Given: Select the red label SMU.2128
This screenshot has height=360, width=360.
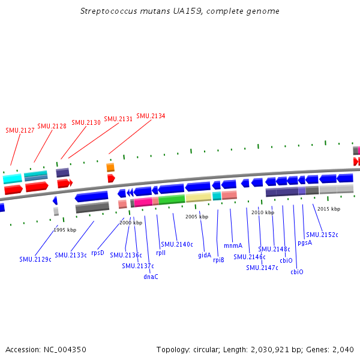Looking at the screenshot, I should tap(52, 126).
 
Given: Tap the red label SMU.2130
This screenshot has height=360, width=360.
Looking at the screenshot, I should tap(86, 122).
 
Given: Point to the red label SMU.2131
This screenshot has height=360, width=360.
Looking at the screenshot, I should tap(118, 119).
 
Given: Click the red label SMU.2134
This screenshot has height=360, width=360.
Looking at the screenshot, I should tap(151, 116).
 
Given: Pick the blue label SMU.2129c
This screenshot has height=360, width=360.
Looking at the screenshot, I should tap(35, 259).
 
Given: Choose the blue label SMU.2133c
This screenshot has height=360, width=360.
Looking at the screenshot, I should tap(71, 255).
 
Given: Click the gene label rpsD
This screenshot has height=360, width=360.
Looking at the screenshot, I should tap(98, 253).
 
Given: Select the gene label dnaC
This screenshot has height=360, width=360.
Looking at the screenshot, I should tap(151, 277).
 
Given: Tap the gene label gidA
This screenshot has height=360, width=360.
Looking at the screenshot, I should tap(205, 255).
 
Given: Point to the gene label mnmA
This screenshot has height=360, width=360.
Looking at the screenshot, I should tap(233, 245).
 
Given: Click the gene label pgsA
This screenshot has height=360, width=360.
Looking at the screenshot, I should tap(305, 242).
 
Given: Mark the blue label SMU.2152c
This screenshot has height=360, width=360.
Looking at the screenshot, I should tap(322, 235).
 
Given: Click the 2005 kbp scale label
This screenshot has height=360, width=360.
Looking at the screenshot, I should tap(197, 217).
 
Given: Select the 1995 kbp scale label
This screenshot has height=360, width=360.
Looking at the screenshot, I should tap(65, 230).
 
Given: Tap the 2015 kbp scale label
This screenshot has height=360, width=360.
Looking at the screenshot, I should tap(329, 209).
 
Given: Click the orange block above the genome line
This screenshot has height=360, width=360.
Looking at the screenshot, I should tap(110, 167).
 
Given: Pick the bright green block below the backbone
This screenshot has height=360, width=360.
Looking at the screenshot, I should tap(172, 200).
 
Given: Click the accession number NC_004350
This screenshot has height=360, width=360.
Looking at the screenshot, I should tap(66, 349).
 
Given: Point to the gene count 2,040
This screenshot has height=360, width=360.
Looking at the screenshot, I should tap(344, 349).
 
